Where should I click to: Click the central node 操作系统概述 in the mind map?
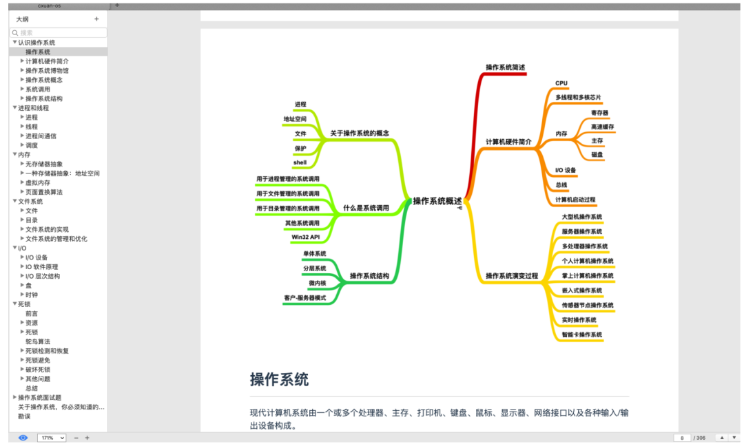click(437, 201)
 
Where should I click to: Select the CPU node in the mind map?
click(561, 83)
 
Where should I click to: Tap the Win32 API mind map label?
click(305, 237)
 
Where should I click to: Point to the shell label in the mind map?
click(300, 162)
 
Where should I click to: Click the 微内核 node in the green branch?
click(317, 283)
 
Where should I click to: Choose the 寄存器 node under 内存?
click(599, 113)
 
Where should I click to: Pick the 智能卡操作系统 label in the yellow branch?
click(581, 334)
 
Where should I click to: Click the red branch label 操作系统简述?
click(505, 67)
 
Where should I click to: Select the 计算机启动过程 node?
click(575, 200)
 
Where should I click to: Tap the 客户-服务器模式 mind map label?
click(304, 298)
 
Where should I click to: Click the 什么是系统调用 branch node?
click(366, 208)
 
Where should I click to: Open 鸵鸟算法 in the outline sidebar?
click(38, 341)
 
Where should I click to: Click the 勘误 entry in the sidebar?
click(24, 416)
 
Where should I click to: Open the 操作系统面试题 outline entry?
click(39, 397)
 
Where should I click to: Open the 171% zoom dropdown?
click(52, 438)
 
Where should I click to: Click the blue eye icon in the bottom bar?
click(23, 438)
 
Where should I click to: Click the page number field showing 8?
click(682, 438)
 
